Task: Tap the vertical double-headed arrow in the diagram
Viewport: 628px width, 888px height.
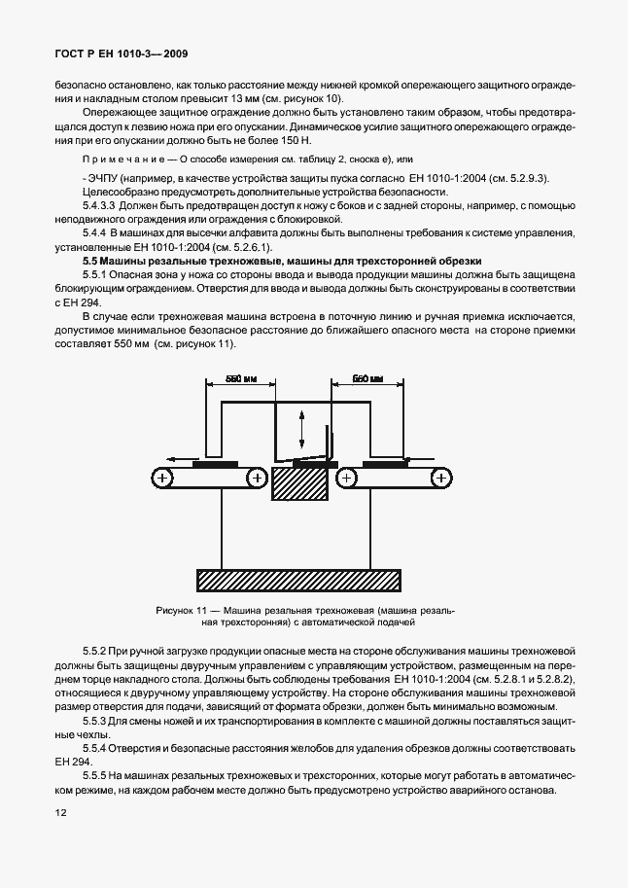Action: click(301, 427)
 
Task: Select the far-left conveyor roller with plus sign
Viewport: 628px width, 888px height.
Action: click(162, 478)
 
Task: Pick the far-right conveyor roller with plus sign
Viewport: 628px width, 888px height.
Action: click(442, 478)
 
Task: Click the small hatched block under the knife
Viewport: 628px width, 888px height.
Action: click(301, 484)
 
